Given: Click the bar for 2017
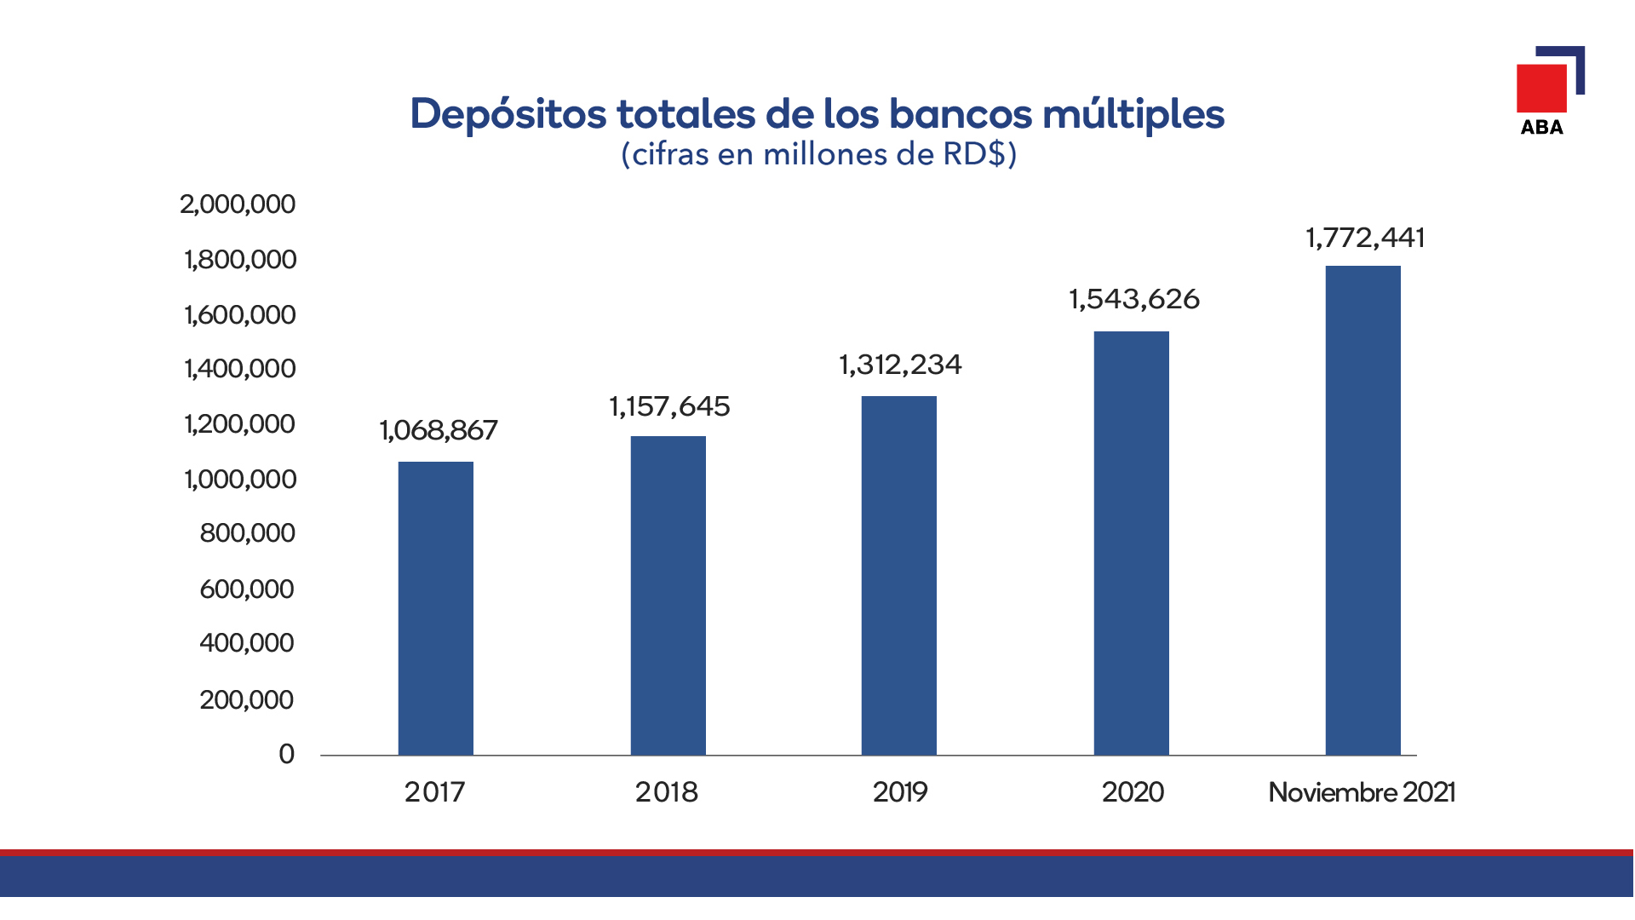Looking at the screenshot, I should coord(436,608).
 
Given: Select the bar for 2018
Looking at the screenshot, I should coord(668,595).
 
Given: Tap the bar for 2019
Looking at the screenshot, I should coord(899,576).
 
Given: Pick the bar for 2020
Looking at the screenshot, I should coord(1132,543).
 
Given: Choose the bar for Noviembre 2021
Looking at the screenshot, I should coord(1363,510).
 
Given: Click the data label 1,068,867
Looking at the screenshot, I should coord(439,431).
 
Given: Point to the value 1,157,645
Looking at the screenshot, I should coord(669,407).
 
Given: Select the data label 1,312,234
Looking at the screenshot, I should coord(900,365).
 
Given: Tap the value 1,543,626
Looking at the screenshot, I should coord(1134,300).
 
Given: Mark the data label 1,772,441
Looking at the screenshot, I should coord(1365,239).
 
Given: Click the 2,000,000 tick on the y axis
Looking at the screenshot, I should coord(238,204).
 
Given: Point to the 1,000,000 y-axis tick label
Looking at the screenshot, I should coord(240,480).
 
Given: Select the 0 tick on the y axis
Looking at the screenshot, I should coord(287,754).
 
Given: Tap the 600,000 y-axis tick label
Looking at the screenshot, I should coord(247,589).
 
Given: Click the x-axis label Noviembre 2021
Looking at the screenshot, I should coord(1362,793).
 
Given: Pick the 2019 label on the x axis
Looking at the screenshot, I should coord(900,793).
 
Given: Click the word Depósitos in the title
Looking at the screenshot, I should coord(509,115).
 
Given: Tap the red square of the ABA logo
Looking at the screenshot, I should coord(1541,88).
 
